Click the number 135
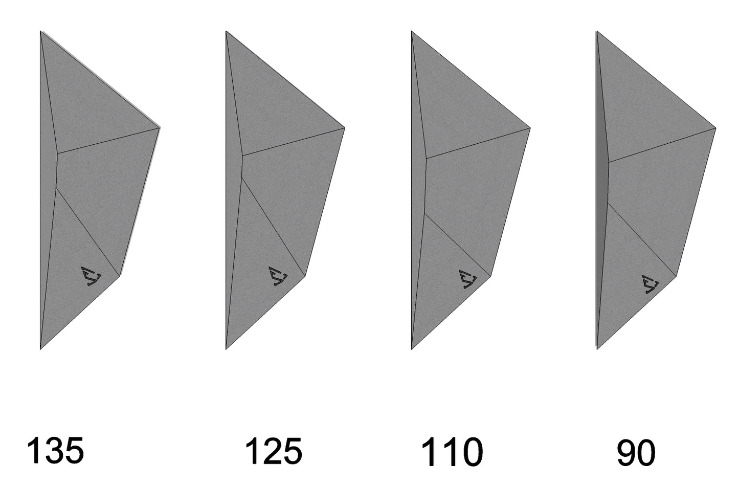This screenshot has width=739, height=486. (x=55, y=451)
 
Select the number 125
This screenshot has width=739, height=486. (x=274, y=451)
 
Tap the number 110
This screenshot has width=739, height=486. (x=452, y=452)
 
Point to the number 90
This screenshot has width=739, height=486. (x=636, y=453)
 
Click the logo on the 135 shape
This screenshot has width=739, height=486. (x=91, y=276)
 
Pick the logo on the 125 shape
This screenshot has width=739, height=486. (x=278, y=276)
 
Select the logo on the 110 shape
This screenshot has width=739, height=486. (x=468, y=279)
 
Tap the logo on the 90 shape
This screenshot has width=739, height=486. (x=650, y=284)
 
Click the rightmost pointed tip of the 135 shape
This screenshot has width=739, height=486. (x=160, y=127)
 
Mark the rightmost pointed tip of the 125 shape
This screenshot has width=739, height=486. (x=345, y=128)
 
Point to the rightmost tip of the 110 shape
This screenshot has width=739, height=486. (x=530, y=128)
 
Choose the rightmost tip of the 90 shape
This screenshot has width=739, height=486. (x=716, y=128)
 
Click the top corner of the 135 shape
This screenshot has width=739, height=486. (x=40, y=31)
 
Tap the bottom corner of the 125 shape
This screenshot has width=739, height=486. (x=226, y=349)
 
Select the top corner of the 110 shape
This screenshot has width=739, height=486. (x=412, y=31)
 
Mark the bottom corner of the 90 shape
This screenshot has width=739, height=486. (x=597, y=349)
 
